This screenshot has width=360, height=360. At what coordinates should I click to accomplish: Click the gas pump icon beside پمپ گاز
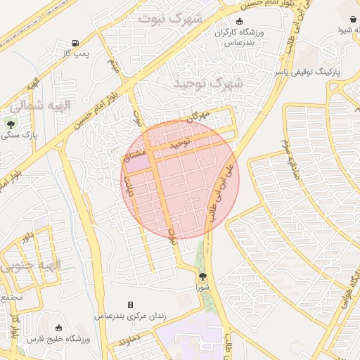(75, 42)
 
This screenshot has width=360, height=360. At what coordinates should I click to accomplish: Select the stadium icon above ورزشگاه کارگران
(240, 21)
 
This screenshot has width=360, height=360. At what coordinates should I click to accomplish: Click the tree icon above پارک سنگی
(10, 122)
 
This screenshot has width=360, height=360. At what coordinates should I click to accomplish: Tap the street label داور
(27, 236)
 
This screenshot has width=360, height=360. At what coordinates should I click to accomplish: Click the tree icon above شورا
(202, 276)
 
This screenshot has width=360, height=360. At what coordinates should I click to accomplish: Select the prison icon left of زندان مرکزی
(129, 304)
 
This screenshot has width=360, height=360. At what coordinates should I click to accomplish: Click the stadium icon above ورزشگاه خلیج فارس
(58, 327)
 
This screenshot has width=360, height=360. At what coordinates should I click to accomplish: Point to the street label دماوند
(131, 342)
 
